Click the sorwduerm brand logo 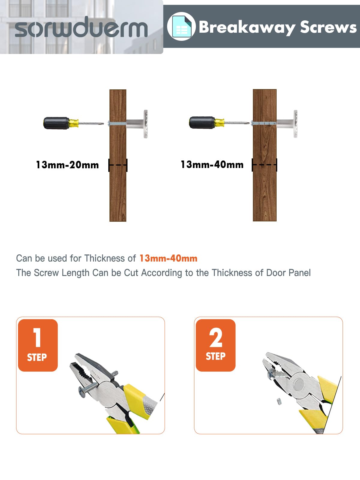click(x=81, y=27)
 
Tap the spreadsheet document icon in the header click(x=181, y=26)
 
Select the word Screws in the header click(x=328, y=27)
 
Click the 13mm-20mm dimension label click(x=67, y=165)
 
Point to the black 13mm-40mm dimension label click(x=212, y=164)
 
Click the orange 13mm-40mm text click(x=168, y=258)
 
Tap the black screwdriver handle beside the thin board click(x=56, y=123)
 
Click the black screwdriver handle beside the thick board click(x=202, y=122)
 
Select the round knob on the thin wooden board click(x=145, y=124)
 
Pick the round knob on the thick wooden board click(x=295, y=124)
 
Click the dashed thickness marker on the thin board click(x=118, y=165)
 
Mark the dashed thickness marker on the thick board click(x=265, y=165)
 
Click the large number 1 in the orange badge click(x=37, y=337)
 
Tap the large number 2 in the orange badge click(x=215, y=337)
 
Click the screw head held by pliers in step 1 click(x=82, y=392)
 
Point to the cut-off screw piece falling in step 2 click(x=279, y=401)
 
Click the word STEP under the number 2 click(x=215, y=356)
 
